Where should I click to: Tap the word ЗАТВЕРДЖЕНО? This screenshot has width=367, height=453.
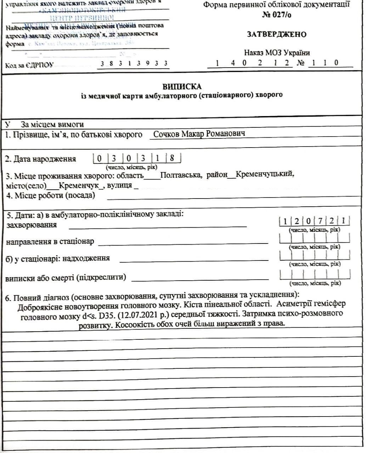click(x=276, y=34)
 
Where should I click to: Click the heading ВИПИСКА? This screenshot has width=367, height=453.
click(x=182, y=86)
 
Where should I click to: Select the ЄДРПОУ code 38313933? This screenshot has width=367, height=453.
click(x=134, y=64)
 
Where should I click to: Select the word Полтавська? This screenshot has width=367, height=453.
click(x=180, y=175)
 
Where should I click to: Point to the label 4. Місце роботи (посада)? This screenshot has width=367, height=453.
click(x=51, y=195)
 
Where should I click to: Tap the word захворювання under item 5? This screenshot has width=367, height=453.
click(x=32, y=225)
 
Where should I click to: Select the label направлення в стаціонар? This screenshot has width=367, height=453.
click(x=50, y=241)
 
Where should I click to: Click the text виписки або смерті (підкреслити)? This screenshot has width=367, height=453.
click(x=66, y=277)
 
